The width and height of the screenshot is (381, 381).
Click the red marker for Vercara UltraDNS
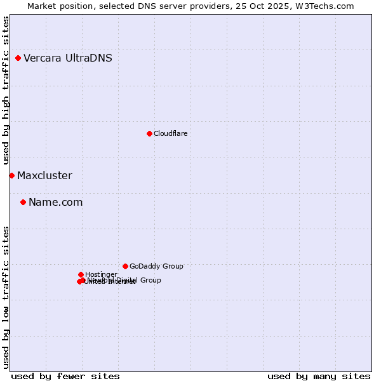18,58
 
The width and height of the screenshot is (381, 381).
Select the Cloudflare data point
149,133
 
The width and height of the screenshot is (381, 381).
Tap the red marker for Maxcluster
11,175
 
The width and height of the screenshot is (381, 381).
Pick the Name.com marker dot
23,203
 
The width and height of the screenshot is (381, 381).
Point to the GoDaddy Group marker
125,266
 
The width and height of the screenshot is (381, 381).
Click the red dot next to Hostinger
81,274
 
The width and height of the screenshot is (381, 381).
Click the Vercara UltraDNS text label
68,58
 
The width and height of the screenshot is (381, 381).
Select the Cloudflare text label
170,133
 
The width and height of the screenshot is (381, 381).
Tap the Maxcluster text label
44,176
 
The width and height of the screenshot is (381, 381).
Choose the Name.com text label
55,203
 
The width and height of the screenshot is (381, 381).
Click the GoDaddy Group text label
156,266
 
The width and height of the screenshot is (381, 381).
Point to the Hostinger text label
101,274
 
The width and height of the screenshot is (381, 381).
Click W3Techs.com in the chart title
327,6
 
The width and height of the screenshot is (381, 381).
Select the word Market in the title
41,6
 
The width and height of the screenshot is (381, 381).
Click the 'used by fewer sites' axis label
65,376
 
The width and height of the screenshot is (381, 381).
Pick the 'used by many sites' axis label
319,376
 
